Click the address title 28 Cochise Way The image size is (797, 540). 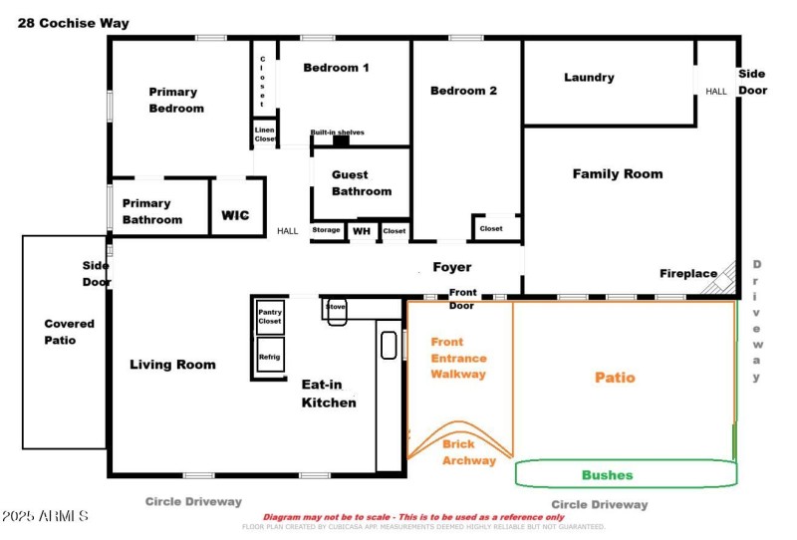point(73,23)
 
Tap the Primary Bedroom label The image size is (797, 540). point(176,100)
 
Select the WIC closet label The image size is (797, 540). point(235,214)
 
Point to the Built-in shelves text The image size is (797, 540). point(337,133)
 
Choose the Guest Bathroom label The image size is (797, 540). point(362,182)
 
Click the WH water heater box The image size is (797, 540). point(362,230)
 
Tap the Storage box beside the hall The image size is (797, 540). point(327,230)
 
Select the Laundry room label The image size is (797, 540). point(589,78)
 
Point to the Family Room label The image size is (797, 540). point(617,173)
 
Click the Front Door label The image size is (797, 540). point(463,299)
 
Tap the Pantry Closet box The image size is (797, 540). point(270,317)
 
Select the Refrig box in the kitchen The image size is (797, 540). point(270,356)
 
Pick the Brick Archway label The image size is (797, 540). point(468,452)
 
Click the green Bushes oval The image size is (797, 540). point(607,474)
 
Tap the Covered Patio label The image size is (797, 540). point(69,332)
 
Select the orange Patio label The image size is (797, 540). point(615,378)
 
